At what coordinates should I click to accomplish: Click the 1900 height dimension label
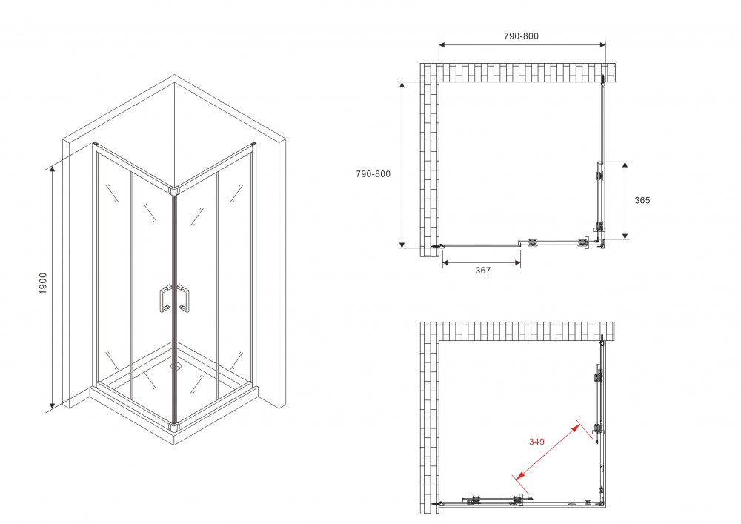(43, 283)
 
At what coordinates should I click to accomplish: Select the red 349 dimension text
(536, 442)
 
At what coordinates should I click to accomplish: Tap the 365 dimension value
(642, 200)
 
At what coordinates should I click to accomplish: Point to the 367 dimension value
(482, 271)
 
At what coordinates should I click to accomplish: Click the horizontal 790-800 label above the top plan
(521, 36)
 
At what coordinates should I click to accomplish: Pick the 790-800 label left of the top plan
(373, 174)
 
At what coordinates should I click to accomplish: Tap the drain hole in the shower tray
(176, 365)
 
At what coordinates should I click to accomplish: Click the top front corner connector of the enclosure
(174, 190)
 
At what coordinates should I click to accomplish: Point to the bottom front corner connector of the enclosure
(174, 427)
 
